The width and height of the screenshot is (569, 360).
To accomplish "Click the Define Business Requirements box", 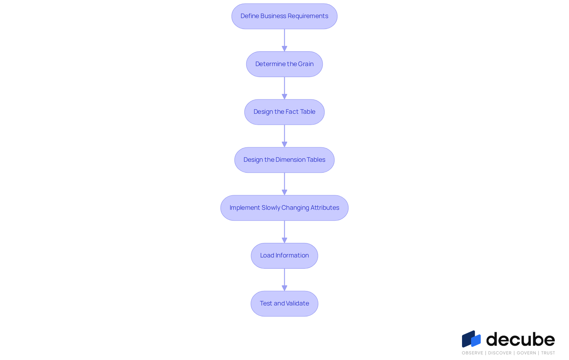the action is tap(284, 16).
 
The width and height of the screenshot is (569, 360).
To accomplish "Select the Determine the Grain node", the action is tap(284, 64).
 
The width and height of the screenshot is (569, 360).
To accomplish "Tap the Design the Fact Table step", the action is tap(284, 112).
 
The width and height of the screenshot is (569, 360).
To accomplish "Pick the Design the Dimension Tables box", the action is tap(284, 160).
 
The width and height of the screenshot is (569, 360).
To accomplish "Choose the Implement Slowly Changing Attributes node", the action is tap(284, 208).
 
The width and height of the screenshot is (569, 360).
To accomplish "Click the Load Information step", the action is tap(284, 256).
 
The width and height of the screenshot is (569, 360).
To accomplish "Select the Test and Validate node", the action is tap(284, 304).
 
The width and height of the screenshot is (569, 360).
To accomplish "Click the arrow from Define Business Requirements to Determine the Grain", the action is tap(284, 40).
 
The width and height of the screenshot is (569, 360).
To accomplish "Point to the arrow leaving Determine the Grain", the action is tap(284, 88).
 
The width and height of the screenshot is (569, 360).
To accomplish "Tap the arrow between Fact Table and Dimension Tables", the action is tap(284, 136).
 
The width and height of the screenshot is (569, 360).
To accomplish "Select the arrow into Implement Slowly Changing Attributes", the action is tap(284, 184).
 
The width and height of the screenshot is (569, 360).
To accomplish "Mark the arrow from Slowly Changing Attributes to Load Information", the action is tap(284, 232).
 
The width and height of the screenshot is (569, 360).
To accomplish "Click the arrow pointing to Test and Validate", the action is tap(284, 280).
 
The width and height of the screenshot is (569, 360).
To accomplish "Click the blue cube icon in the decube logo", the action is tap(471, 339).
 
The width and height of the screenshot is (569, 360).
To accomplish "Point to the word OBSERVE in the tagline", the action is tap(472, 353).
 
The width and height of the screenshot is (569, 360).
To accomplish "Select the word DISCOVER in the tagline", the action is tap(500, 353).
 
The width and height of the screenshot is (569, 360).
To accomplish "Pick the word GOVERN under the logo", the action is tap(526, 353).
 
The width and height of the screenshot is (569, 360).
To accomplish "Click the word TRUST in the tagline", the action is tap(548, 353).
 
